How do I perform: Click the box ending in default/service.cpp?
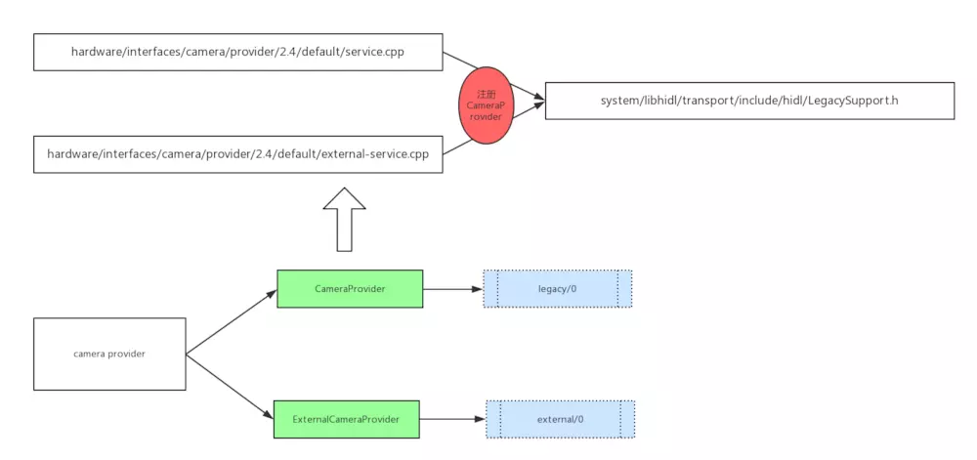tap(237, 53)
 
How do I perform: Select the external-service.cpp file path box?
tap(237, 154)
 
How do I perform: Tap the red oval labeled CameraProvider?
tap(485, 103)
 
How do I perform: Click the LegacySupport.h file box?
tap(748, 101)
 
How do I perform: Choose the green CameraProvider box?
tap(350, 289)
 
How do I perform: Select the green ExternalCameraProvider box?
tap(346, 419)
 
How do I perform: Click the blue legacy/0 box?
tap(558, 289)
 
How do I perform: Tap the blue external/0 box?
tap(560, 419)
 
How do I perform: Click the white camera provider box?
tap(109, 354)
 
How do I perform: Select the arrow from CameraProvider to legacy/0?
tap(453, 289)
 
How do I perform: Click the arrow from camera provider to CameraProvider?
tap(231, 321)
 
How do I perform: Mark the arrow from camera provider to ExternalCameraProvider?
tap(230, 387)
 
